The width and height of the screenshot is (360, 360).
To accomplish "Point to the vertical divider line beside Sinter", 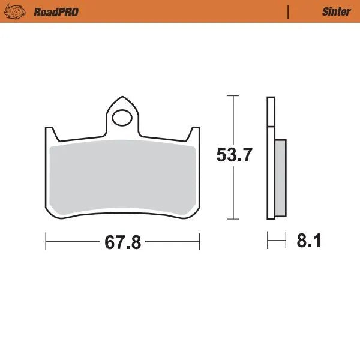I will (x=289, y=11).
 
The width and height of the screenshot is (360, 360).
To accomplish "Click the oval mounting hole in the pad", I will (x=123, y=117).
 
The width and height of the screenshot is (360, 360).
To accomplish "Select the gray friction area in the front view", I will (x=123, y=177).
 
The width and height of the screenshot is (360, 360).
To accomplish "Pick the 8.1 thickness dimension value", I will (x=309, y=242).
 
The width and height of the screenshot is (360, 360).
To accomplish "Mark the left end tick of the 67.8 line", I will (x=46, y=242).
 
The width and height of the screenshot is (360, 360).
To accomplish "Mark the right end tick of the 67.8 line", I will (x=199, y=242).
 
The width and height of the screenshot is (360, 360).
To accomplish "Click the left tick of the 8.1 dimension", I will (x=268, y=242).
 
